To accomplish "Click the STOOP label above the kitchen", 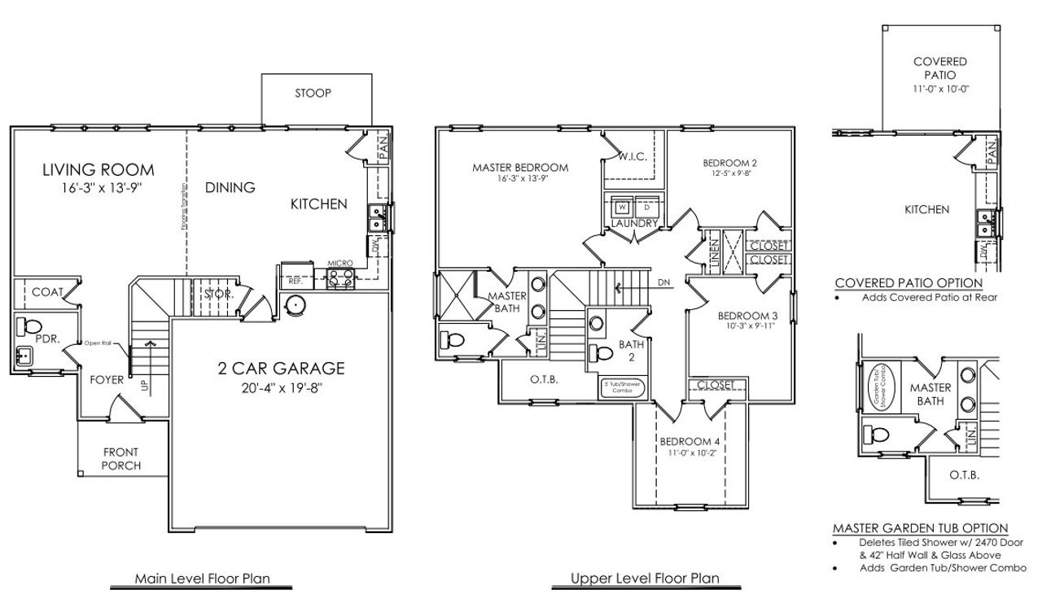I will click(313, 93).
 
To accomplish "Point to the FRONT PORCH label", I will click(120, 459).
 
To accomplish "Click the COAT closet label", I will click(47, 291).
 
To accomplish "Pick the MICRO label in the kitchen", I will click(339, 264).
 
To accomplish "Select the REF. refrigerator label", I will click(295, 281).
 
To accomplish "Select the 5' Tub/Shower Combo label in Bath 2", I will click(623, 387).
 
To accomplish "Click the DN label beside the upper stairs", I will click(664, 282).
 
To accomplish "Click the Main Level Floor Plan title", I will click(202, 579).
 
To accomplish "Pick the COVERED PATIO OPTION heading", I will click(908, 283).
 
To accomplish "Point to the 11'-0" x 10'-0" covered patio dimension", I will click(939, 89).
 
